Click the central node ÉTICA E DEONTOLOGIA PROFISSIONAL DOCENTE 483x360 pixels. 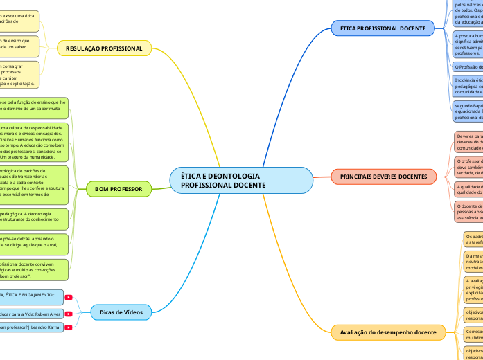[241, 181]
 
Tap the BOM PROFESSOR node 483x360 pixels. [118, 188]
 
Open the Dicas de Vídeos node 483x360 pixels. [126, 312]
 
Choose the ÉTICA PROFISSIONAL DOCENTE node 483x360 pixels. [383, 28]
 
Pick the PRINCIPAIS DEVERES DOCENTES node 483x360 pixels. [383, 177]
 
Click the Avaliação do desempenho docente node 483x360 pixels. [387, 333]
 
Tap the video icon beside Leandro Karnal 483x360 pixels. [68, 327]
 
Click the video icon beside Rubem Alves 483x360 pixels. [68, 314]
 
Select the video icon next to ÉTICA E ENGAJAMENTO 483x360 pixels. [68, 297]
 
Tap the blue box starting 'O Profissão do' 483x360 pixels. [468, 66]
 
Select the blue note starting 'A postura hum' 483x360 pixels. [467, 44]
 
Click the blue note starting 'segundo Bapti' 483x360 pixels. [467, 111]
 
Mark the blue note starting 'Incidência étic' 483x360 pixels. [467, 86]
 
